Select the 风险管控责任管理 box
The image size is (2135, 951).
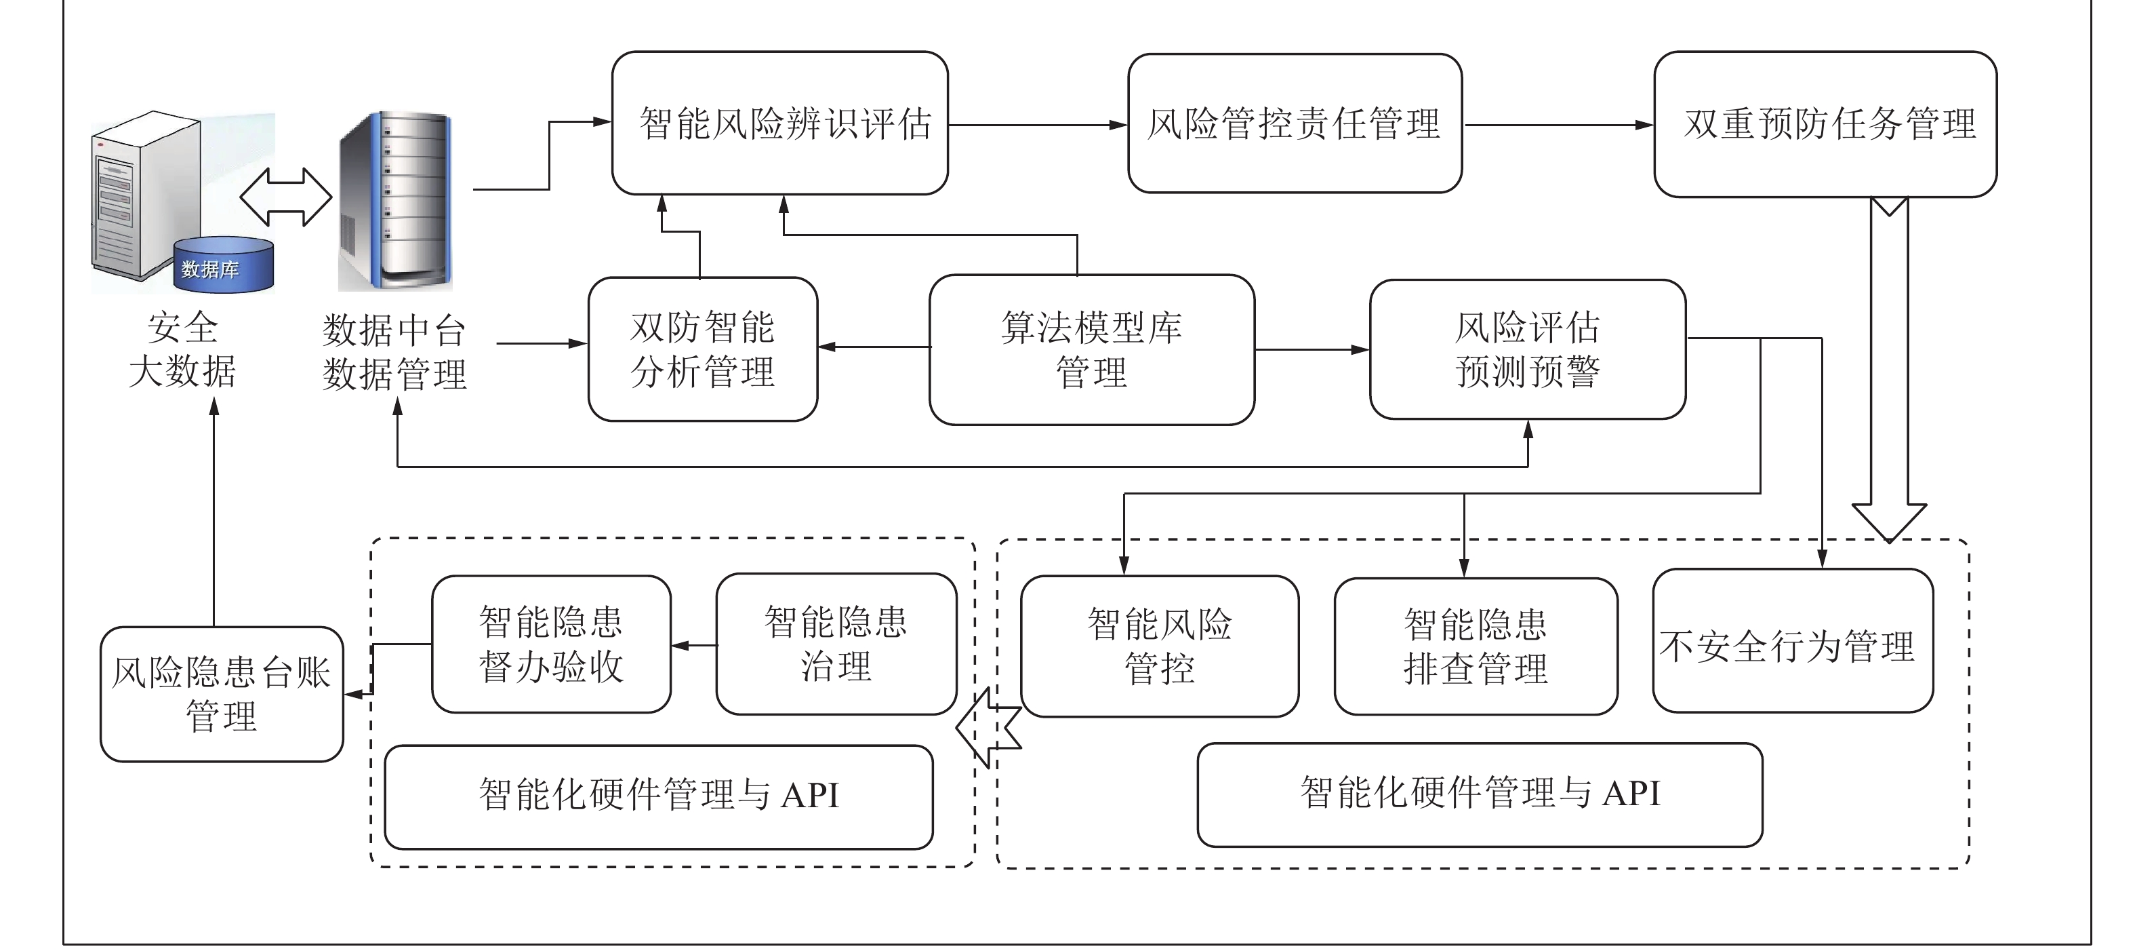(x=1295, y=123)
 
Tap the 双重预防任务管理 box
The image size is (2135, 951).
(x=1825, y=124)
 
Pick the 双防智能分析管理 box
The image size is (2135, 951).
(x=703, y=349)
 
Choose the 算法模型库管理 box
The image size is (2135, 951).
(x=1091, y=349)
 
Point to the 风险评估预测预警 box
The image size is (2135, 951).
(x=1528, y=349)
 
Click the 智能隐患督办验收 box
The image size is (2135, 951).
(x=551, y=644)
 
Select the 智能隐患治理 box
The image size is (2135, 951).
(x=836, y=644)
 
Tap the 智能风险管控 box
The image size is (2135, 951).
(x=1160, y=646)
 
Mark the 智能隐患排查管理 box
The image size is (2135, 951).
(x=1476, y=646)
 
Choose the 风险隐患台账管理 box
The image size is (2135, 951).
(x=221, y=694)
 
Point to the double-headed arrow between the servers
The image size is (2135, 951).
(x=286, y=197)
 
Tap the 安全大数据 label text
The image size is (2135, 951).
(x=182, y=349)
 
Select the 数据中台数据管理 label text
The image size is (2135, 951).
(x=394, y=352)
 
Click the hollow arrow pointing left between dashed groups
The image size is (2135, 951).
(x=988, y=727)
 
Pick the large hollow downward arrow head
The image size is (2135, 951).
(x=1889, y=518)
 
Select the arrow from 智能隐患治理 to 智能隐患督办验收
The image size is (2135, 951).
(x=694, y=645)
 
